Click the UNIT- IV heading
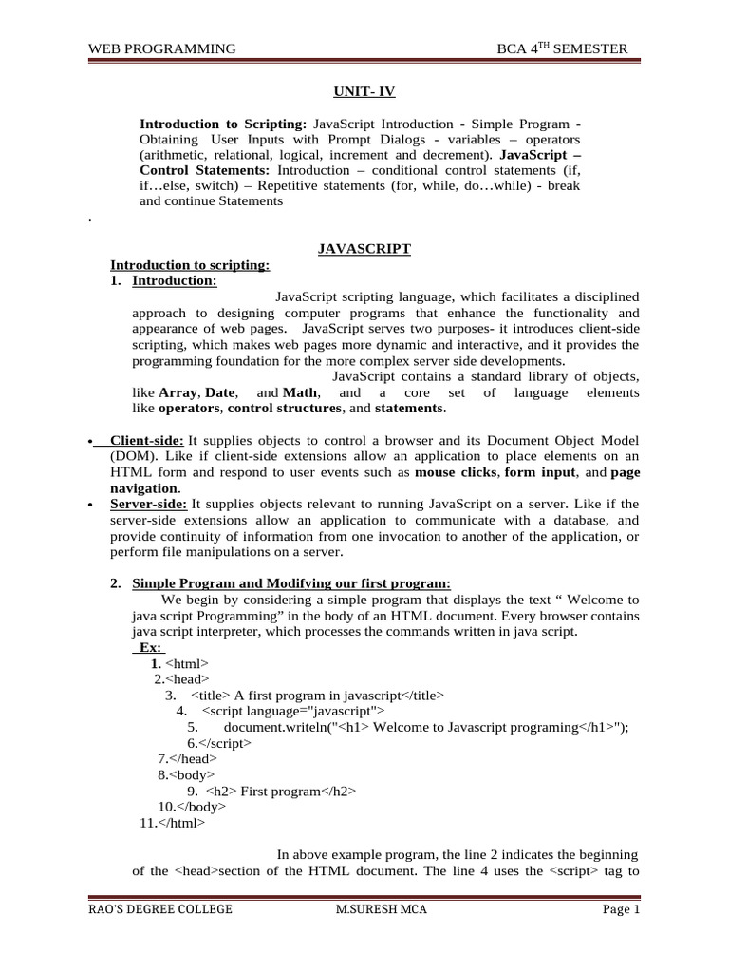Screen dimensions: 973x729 point(364,91)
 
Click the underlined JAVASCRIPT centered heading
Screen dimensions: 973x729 point(364,249)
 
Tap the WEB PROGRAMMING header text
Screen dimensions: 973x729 point(161,49)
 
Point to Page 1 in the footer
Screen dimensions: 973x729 point(622,910)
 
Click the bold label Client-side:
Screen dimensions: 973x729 point(146,441)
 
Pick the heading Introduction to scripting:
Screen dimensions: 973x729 point(190,265)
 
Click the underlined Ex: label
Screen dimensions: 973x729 point(149,647)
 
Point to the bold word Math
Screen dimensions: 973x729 point(301,392)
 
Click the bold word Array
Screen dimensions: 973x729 point(178,392)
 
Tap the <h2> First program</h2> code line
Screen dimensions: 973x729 point(271,791)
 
